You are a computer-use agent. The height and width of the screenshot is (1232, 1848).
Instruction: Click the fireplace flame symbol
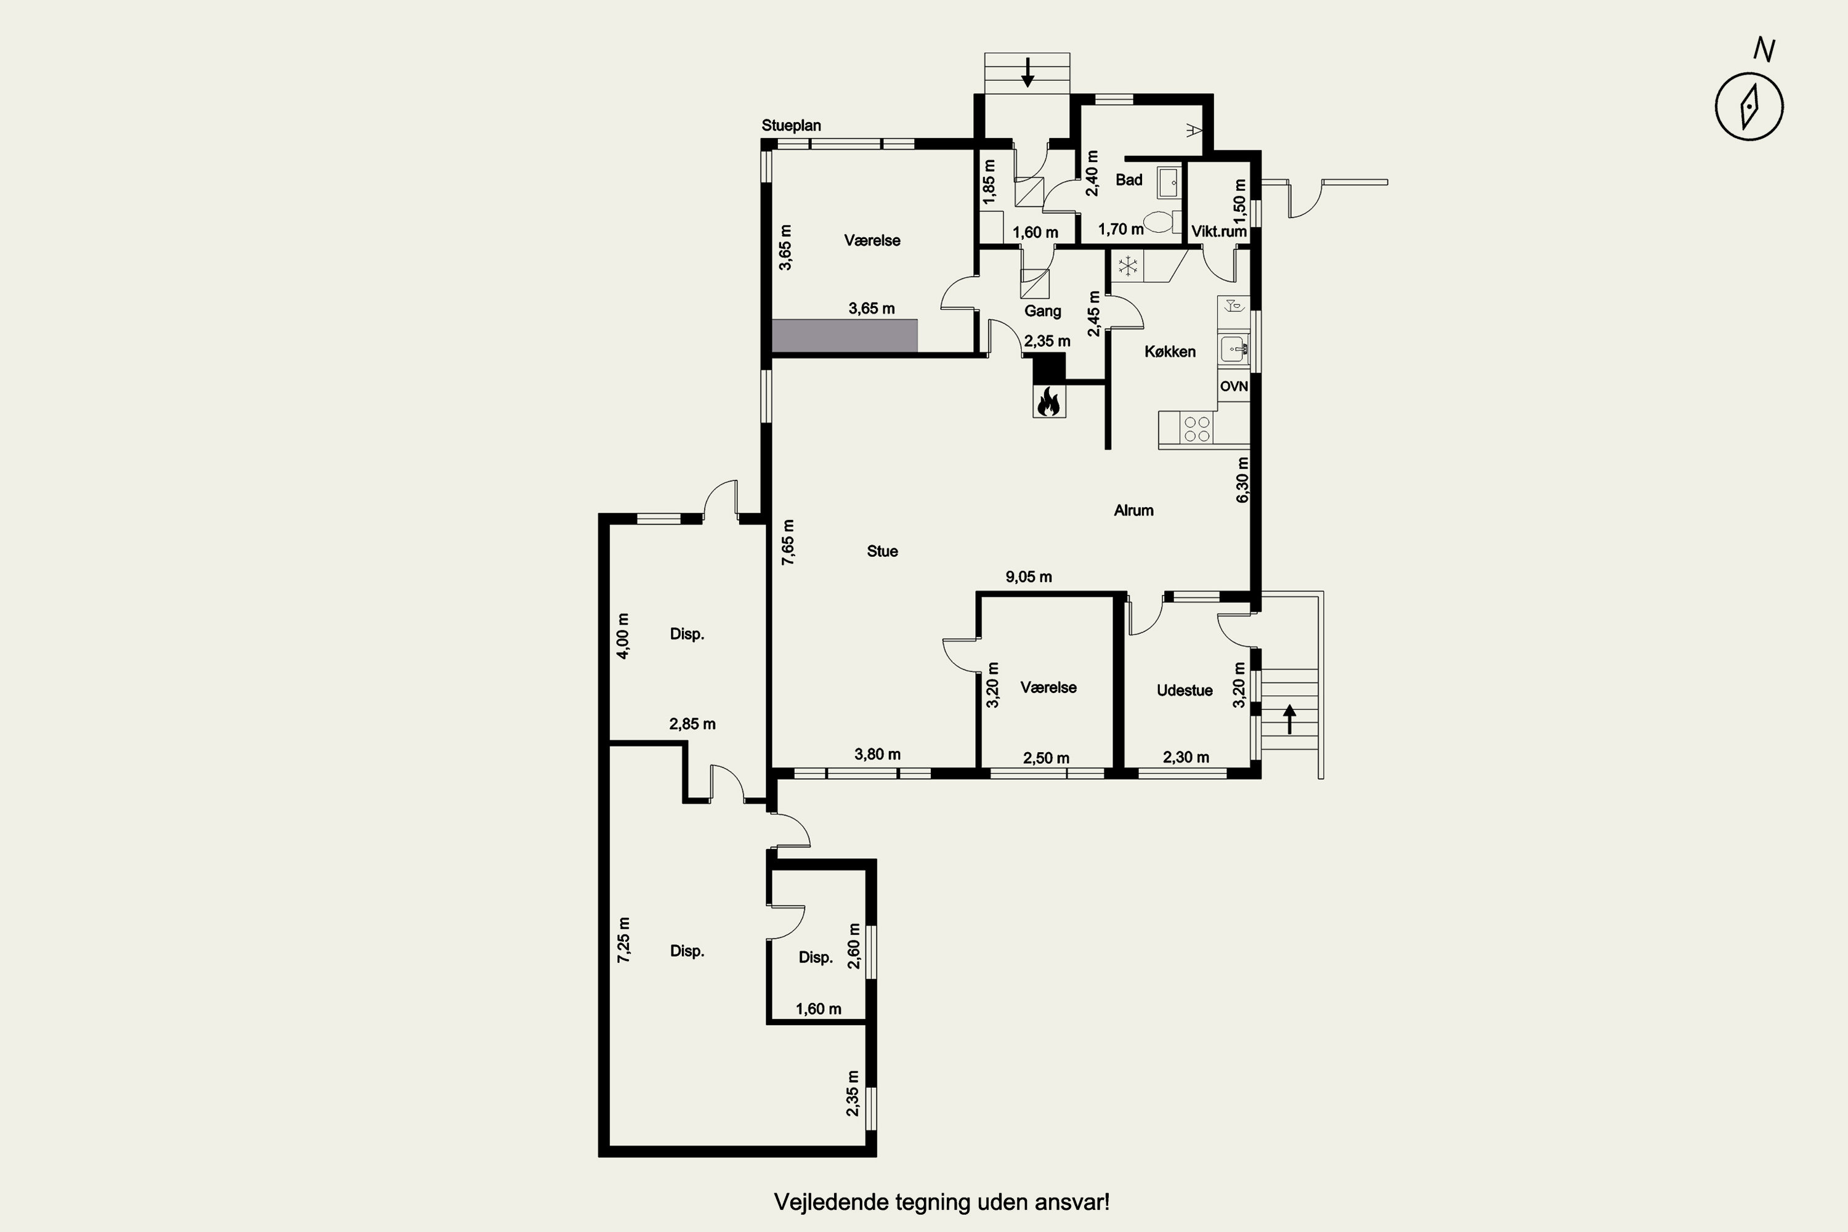click(1049, 402)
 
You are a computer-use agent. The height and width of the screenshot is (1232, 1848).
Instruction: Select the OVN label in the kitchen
click(1234, 387)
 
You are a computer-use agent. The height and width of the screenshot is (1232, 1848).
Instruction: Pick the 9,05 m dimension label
click(1029, 577)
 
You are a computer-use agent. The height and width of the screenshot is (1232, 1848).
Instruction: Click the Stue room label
click(882, 551)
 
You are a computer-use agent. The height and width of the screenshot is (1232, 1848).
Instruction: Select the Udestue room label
click(1185, 691)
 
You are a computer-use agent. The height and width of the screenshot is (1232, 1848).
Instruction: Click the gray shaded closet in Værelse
click(845, 336)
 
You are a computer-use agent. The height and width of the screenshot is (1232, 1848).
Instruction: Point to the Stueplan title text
click(791, 126)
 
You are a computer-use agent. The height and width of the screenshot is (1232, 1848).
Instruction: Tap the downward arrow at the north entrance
click(1027, 71)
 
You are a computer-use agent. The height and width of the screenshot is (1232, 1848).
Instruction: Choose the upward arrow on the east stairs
click(1289, 719)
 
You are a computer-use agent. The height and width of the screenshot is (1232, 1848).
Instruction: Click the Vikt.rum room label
click(1218, 232)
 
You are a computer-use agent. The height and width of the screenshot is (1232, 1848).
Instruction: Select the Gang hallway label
click(1043, 311)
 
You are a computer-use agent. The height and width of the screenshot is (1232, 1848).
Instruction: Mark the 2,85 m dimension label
click(692, 724)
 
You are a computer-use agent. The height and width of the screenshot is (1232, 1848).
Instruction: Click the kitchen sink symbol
click(1234, 348)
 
